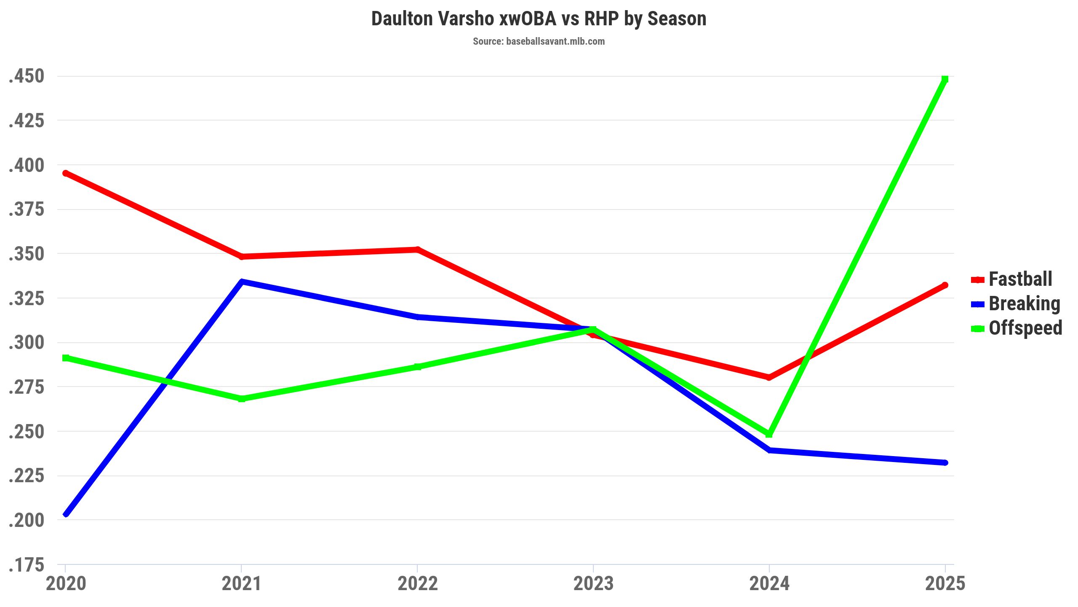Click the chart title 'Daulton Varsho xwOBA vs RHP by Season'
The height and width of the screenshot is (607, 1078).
pyautogui.click(x=539, y=19)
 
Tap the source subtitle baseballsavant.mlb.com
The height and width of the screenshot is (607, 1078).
pyautogui.click(x=539, y=41)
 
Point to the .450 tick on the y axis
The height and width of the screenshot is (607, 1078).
pyautogui.click(x=27, y=77)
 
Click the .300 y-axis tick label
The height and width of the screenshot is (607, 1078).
pyautogui.click(x=27, y=343)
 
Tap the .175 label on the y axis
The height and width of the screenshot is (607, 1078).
pyautogui.click(x=27, y=565)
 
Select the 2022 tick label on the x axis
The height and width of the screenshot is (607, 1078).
pyautogui.click(x=417, y=584)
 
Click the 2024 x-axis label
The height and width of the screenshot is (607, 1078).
pyautogui.click(x=769, y=584)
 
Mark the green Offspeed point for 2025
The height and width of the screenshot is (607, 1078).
pyautogui.click(x=945, y=79)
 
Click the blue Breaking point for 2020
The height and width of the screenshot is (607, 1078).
pyautogui.click(x=66, y=514)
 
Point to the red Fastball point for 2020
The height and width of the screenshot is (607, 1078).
pyautogui.click(x=66, y=173)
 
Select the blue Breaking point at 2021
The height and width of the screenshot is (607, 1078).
pyautogui.click(x=242, y=282)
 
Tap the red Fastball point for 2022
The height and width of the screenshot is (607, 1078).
pyautogui.click(x=417, y=250)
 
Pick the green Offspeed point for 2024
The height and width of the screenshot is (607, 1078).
pyautogui.click(x=769, y=434)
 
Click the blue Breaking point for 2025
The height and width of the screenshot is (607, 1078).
pyautogui.click(x=945, y=462)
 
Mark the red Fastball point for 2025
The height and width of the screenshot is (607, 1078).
pyautogui.click(x=945, y=285)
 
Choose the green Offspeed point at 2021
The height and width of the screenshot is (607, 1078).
pyautogui.click(x=242, y=399)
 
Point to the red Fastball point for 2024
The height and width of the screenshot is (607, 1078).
pyautogui.click(x=769, y=377)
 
